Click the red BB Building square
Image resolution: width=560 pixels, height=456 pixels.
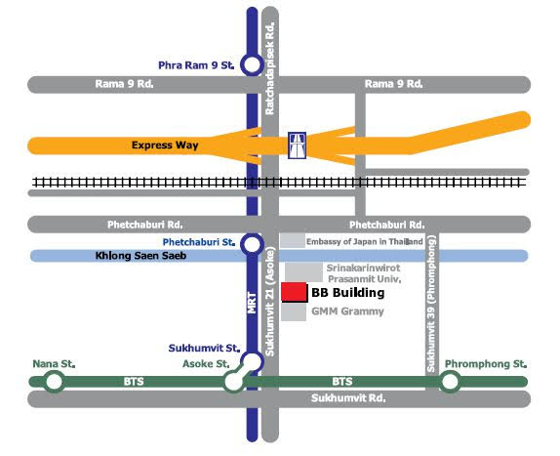click(295, 292)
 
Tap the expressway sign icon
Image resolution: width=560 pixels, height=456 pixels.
click(298, 145)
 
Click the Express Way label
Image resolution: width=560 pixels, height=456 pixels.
click(165, 145)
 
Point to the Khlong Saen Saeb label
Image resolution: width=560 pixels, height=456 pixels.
click(140, 256)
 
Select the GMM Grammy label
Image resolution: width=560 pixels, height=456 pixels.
click(347, 311)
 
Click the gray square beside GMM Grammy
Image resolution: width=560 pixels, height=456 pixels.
click(294, 312)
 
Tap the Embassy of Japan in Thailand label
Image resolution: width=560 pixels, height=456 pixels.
click(364, 241)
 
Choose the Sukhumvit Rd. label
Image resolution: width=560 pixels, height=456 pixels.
click(348, 398)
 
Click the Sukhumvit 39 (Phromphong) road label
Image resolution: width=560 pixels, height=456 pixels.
click(431, 304)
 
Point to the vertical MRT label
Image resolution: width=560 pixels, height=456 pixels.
click(252, 303)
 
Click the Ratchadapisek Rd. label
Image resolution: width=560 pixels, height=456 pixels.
click(270, 68)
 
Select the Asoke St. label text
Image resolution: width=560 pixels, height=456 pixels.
click(206, 364)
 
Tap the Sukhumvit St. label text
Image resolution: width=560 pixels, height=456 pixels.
click(204, 348)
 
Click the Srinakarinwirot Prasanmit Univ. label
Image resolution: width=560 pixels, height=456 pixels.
click(364, 273)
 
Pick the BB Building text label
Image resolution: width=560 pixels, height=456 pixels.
click(348, 292)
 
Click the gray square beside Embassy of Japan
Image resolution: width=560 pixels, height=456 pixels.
click(292, 240)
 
